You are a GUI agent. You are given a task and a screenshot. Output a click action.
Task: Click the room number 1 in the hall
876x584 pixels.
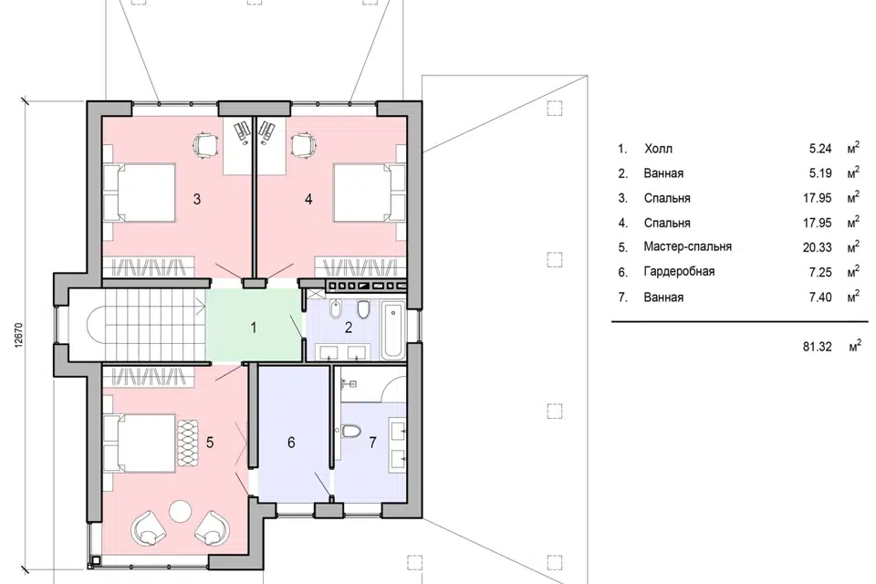click(254, 328)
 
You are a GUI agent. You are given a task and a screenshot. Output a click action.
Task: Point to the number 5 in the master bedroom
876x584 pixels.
click(210, 443)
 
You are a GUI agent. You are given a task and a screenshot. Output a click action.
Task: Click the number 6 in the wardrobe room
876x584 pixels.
click(291, 443)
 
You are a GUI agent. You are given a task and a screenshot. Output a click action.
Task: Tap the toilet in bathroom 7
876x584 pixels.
click(349, 432)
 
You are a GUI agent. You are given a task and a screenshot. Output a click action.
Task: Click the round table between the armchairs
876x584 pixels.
click(180, 510)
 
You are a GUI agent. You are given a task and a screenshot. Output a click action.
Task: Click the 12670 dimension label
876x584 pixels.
click(18, 335)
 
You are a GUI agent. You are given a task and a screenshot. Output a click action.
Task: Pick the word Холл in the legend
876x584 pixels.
click(658, 149)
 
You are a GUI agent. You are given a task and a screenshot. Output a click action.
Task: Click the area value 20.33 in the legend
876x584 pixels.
click(818, 247)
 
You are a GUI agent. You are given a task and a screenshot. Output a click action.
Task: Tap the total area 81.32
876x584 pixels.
click(818, 347)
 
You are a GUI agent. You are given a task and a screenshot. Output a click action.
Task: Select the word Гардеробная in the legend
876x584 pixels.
click(679, 272)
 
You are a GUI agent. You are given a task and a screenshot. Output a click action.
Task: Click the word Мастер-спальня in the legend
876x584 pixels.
click(687, 246)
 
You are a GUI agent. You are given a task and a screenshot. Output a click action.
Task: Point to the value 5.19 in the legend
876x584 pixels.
click(820, 173)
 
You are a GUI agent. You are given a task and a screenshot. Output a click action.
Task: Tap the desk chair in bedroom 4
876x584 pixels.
click(303, 144)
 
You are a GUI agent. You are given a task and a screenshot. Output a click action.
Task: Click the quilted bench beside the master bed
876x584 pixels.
click(189, 443)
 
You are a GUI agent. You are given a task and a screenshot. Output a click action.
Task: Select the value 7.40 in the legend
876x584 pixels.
click(820, 297)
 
